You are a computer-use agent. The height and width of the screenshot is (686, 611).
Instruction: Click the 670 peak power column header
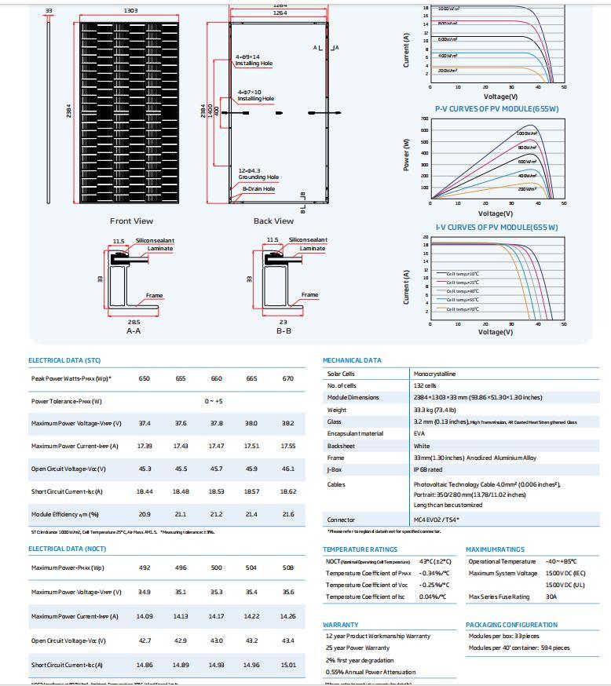[x=287, y=378]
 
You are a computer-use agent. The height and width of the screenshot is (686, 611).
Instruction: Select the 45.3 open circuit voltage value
[x=145, y=469]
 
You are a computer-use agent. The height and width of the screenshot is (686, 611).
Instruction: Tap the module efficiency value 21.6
[x=287, y=514]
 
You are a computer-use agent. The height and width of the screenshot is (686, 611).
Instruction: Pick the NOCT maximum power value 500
[x=216, y=567]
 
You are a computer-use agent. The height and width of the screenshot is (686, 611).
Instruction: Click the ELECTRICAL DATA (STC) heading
[x=64, y=360]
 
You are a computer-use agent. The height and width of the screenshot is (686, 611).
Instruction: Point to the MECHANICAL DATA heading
[x=352, y=360]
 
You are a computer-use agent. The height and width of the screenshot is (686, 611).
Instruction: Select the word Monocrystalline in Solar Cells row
[x=434, y=374]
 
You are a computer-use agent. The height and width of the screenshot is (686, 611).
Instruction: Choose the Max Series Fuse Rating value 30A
[x=551, y=597]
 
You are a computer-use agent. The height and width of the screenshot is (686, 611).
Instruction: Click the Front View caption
[x=131, y=221]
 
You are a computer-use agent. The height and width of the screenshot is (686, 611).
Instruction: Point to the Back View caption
[x=273, y=221]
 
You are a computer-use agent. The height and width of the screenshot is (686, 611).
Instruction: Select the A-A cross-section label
[x=134, y=331]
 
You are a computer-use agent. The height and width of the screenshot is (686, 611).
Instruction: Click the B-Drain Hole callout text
[x=258, y=189]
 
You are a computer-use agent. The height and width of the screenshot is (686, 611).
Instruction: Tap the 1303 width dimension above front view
[x=131, y=11]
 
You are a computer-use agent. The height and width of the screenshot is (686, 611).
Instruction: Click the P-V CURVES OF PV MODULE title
[x=496, y=109]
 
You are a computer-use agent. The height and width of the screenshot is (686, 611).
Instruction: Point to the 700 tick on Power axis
[x=424, y=120]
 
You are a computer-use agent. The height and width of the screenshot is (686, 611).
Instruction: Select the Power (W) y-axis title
[x=407, y=155]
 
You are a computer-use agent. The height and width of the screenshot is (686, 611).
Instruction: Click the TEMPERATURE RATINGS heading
[x=360, y=549]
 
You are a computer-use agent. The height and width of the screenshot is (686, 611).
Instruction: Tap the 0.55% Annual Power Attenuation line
[x=371, y=672]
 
